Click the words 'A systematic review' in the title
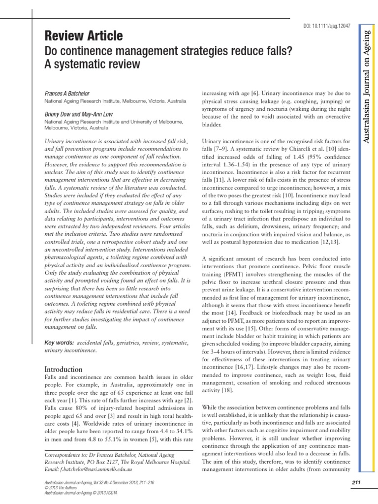(93, 64)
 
